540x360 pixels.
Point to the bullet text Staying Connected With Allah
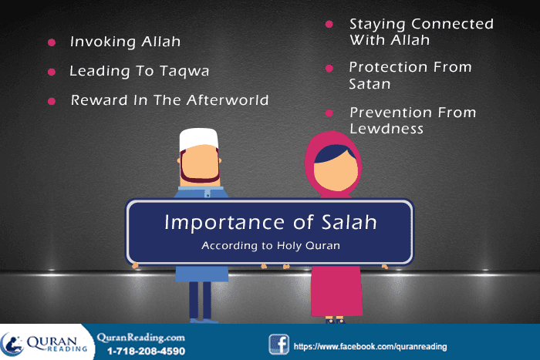420,32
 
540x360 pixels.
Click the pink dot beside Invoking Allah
52,42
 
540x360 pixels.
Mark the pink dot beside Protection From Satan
329,68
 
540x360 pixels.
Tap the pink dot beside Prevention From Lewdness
329,113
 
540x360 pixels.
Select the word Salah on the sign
346,223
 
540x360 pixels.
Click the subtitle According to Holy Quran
269,247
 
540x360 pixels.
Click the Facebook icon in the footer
278,344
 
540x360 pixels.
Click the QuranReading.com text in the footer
140,337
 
